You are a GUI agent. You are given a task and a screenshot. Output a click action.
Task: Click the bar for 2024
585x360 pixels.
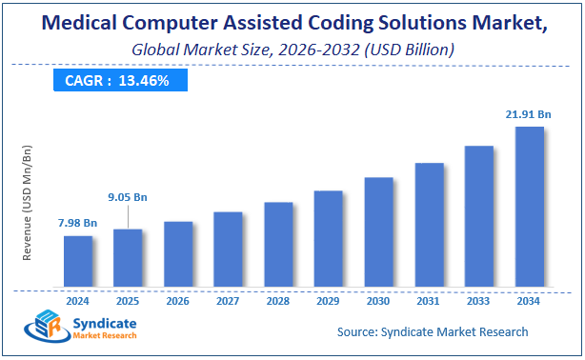[78, 262]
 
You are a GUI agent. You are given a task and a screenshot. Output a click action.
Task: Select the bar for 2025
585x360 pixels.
[128, 258]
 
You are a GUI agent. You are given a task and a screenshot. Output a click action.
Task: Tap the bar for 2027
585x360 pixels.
[228, 250]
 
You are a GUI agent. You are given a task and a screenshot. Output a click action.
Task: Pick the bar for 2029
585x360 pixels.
[328, 239]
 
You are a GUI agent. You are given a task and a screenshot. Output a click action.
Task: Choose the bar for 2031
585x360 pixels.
[429, 226]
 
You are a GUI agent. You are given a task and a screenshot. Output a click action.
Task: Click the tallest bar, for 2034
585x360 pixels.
[529, 207]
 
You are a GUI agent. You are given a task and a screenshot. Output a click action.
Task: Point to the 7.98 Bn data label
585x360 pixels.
[77, 223]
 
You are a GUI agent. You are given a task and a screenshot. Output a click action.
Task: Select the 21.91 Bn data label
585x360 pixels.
[529, 114]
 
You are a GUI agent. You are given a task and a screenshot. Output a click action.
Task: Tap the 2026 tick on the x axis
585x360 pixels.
[177, 300]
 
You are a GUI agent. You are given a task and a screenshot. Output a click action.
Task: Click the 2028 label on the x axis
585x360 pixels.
[277, 300]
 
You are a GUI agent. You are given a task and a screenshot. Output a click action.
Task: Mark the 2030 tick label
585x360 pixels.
[378, 300]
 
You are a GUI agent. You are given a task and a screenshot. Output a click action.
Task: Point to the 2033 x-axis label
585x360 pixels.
[478, 300]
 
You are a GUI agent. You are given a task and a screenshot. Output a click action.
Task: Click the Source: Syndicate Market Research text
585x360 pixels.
[432, 331]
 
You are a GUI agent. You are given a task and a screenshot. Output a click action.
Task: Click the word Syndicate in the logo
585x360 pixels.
[104, 324]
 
